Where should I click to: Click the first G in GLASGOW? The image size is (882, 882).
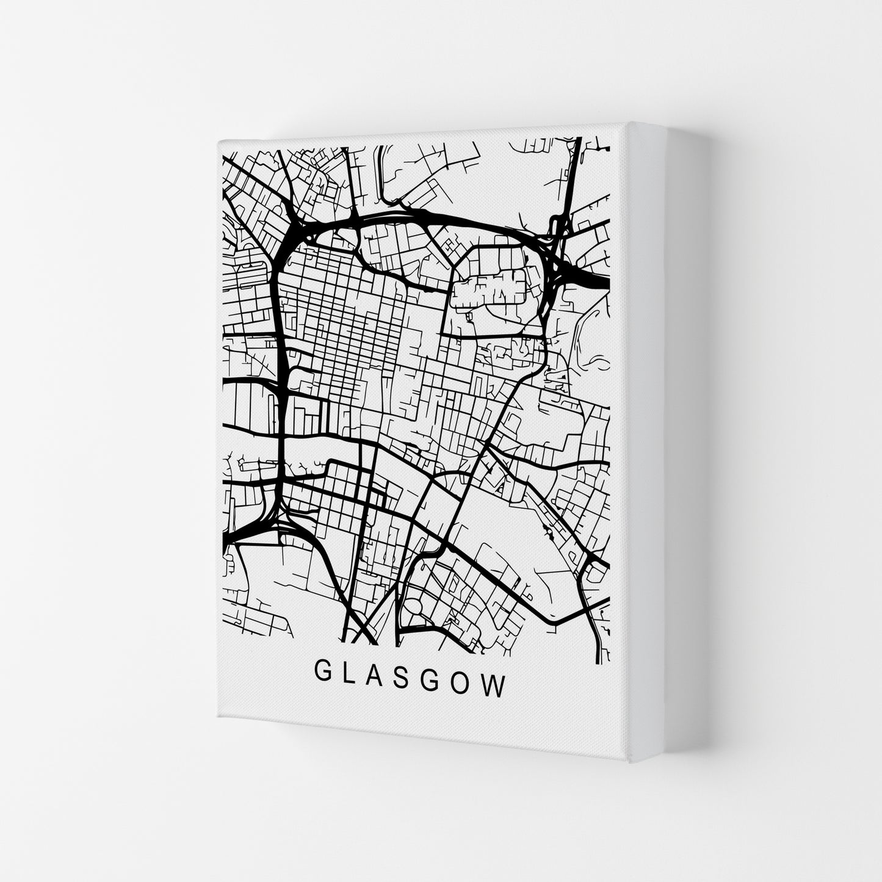322,685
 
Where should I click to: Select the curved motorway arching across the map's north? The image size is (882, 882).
427,215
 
